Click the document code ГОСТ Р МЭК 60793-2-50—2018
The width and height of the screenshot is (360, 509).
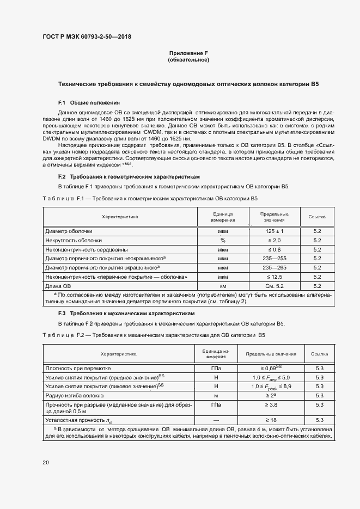tap(87, 37)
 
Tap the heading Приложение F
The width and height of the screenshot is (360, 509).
tap(188, 53)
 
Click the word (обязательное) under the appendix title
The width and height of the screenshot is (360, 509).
tap(188, 60)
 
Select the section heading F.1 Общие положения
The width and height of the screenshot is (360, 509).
tap(89, 103)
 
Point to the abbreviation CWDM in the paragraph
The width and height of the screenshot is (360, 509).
tap(155, 132)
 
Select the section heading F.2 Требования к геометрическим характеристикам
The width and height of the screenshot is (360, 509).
tap(129, 177)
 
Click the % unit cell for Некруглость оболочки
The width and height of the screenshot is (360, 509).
tap(223, 240)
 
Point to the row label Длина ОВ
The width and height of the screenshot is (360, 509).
tap(58, 286)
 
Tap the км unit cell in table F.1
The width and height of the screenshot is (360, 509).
tap(223, 286)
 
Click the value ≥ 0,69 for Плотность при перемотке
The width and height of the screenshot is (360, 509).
tap(271, 368)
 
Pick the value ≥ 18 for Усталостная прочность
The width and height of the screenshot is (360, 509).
tap(271, 420)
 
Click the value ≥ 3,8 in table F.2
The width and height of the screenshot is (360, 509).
tap(271, 405)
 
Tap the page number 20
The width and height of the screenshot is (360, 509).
tap(45, 463)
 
